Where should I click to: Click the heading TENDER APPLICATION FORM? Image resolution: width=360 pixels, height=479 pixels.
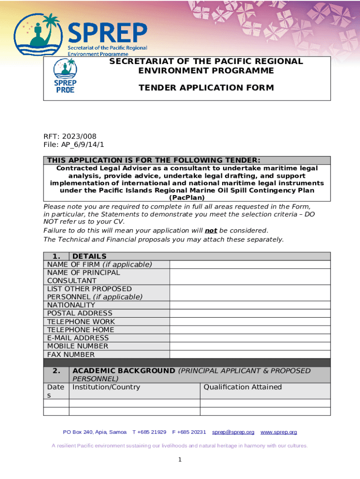pos(206,87)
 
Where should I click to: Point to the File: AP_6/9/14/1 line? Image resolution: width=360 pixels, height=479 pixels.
pos(74,145)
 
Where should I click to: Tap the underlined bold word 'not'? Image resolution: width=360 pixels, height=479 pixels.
pos(211,231)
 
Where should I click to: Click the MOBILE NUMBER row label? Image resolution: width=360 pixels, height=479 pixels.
pos(78,346)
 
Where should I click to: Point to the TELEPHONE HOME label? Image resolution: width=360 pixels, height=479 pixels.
pos(81,330)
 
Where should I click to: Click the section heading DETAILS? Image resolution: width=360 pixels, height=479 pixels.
pos(89,256)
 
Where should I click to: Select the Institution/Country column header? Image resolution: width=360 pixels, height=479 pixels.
pos(106,387)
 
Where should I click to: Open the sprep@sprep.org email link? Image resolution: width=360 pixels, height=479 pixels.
pos(233,432)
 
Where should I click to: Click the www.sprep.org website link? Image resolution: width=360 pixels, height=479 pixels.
pos(279,432)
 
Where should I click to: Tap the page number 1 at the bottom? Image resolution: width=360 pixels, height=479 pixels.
pos(180,460)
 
